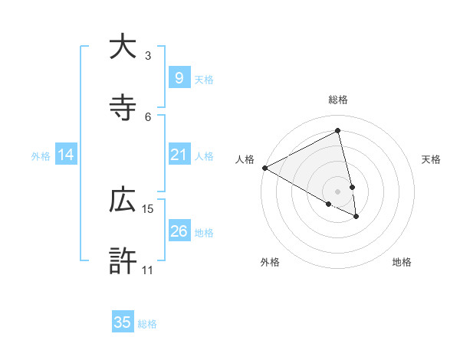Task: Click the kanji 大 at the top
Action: point(123,47)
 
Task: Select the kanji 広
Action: point(123,200)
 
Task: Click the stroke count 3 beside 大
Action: point(148,56)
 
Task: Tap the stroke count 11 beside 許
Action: point(148,270)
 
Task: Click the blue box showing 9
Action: point(179,78)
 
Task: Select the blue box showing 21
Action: point(179,155)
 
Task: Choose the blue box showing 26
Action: point(179,231)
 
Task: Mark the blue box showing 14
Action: point(66,155)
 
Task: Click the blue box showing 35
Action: point(123,322)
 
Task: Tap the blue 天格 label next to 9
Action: point(204,79)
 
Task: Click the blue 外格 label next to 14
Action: point(41,156)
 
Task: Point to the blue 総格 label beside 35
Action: point(147,324)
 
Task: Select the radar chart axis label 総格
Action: point(338,100)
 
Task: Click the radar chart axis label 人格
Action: point(244,159)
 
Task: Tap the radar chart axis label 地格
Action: point(402,262)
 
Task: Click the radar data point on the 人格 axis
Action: point(264,168)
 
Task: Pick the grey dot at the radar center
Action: point(338,191)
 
